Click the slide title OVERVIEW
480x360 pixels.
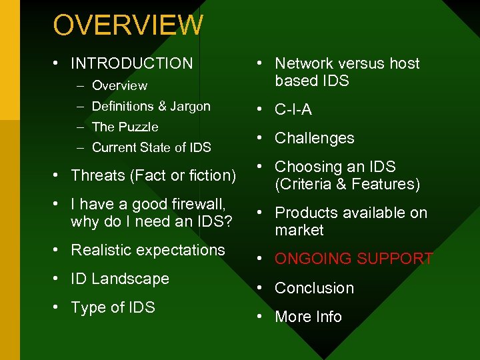click(x=128, y=25)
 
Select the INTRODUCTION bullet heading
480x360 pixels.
click(x=131, y=63)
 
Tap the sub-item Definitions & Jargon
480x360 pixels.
click(x=151, y=107)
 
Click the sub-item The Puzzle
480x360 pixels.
click(x=125, y=127)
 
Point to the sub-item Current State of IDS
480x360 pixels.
click(x=151, y=148)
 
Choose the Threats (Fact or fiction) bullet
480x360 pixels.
click(x=153, y=175)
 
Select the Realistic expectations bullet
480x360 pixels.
click(x=148, y=250)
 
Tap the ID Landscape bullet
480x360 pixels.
click(x=120, y=279)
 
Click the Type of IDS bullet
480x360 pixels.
click(x=113, y=307)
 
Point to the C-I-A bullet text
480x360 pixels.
click(x=293, y=109)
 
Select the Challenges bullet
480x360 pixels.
click(x=315, y=138)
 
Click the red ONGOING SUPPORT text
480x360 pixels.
click(x=354, y=259)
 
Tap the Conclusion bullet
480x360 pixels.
click(x=314, y=288)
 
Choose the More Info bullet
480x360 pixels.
click(x=308, y=317)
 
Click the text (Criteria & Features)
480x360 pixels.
click(x=347, y=184)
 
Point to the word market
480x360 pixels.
click(x=299, y=230)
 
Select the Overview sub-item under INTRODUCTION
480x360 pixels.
click(x=119, y=85)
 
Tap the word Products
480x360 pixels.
click(x=303, y=213)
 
